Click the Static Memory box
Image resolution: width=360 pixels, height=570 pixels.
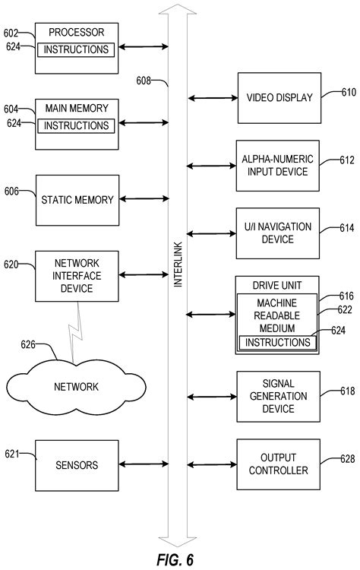(x=76, y=200)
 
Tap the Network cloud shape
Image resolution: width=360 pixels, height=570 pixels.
(x=76, y=387)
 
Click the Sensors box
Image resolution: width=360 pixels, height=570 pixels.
(x=76, y=464)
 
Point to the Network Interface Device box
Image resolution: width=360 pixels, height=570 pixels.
(x=76, y=276)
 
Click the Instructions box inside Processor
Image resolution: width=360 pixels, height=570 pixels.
(x=76, y=49)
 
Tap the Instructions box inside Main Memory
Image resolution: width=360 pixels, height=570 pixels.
(x=76, y=125)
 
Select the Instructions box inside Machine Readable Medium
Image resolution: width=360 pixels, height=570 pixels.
(x=276, y=343)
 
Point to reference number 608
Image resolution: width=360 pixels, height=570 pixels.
(x=147, y=81)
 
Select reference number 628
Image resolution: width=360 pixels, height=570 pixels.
(x=348, y=459)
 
